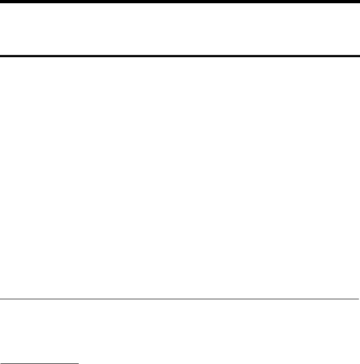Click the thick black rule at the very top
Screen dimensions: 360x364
click(180, 2)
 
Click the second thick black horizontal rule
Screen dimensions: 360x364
click(180, 56)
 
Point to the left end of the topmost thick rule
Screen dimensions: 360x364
click(1, 2)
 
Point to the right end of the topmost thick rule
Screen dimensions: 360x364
click(358, 2)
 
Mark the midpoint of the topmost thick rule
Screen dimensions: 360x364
click(180, 2)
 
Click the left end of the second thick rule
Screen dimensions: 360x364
click(1, 56)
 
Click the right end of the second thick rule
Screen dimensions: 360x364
click(358, 56)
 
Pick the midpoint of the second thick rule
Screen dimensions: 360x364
click(180, 56)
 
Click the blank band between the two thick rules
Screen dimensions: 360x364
click(180, 29)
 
